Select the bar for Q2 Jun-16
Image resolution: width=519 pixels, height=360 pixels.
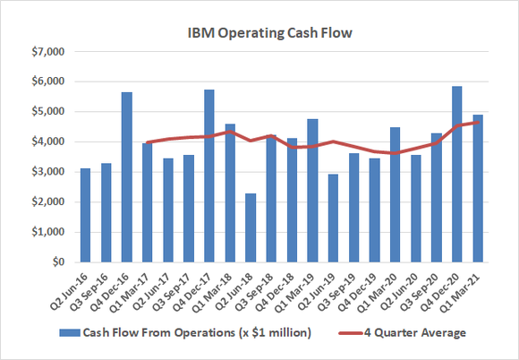click(86, 215)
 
